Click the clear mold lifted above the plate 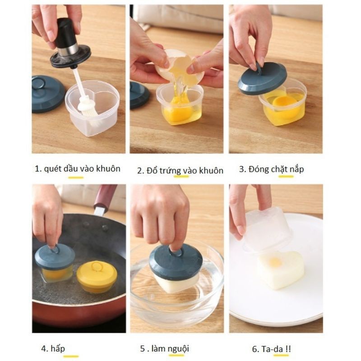point(267,226)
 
